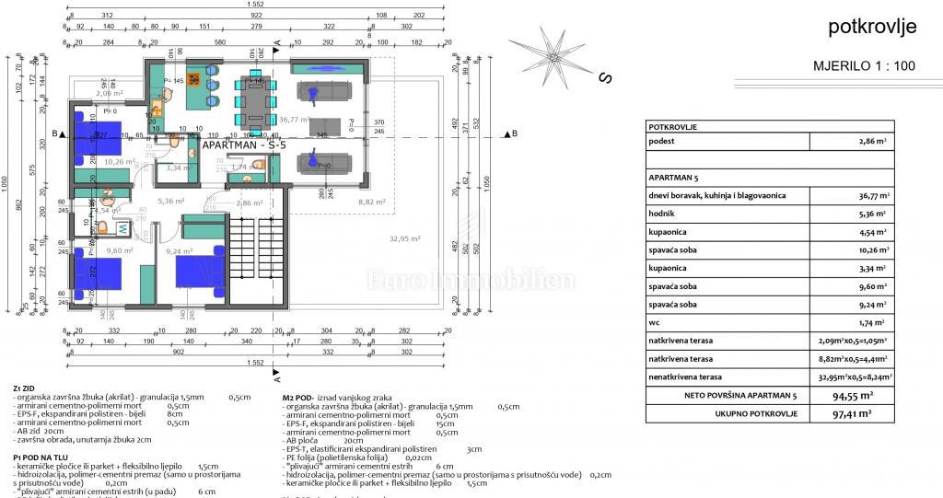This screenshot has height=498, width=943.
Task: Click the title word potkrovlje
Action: (x=872, y=28)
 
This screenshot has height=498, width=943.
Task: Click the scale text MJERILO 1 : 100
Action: (x=865, y=66)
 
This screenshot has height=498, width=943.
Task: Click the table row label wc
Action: (x=655, y=322)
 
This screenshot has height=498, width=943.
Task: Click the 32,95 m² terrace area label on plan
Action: (x=406, y=238)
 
